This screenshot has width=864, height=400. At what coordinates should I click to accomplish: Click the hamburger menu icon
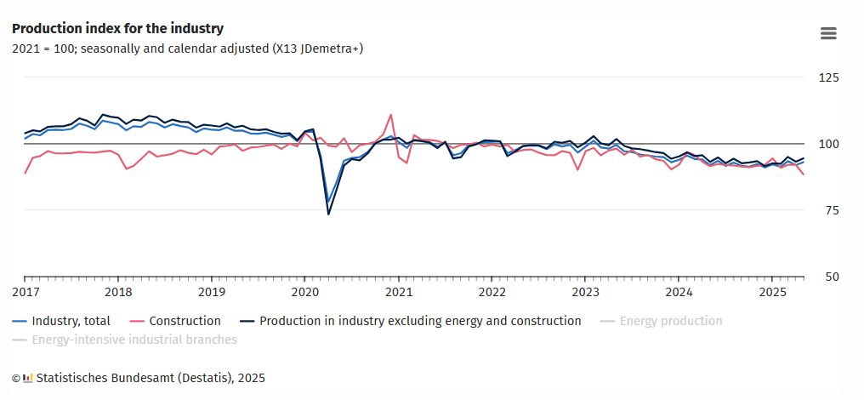(x=828, y=33)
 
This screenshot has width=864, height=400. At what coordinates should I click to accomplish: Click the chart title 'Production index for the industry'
(x=117, y=29)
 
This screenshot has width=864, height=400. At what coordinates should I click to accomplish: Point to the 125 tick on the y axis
(x=827, y=77)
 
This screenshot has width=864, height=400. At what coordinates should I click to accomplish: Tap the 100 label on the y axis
(x=827, y=144)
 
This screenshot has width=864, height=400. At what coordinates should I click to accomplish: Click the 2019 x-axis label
(x=212, y=293)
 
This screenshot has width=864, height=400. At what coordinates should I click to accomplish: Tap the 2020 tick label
(x=305, y=293)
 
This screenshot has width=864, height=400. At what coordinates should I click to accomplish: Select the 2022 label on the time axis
(x=492, y=293)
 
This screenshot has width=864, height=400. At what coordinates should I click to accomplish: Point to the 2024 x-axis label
(x=679, y=293)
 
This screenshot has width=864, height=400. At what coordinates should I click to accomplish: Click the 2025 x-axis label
(x=772, y=293)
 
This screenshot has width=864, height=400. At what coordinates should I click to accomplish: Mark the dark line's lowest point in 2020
(x=328, y=214)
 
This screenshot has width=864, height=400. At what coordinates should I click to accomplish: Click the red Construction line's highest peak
(x=390, y=114)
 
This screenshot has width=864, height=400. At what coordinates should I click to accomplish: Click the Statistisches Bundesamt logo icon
(x=28, y=377)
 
